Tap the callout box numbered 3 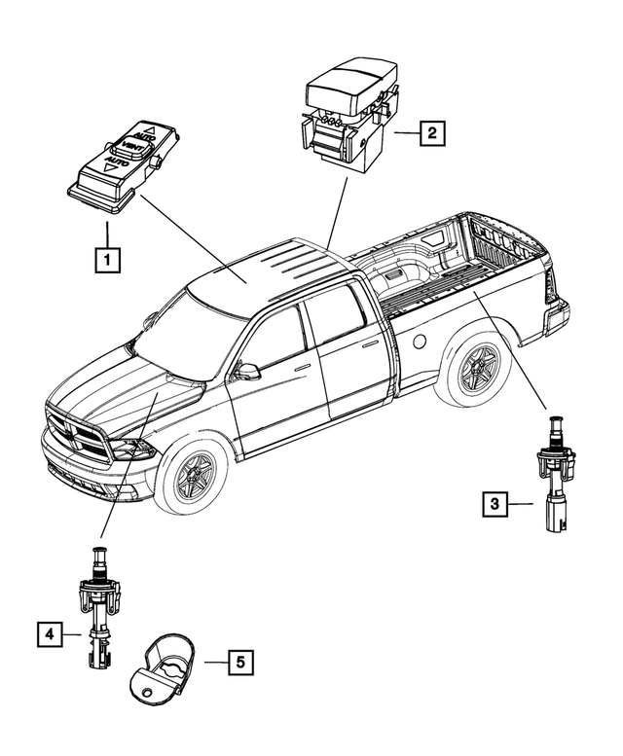click(495, 503)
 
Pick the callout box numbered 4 click(47, 634)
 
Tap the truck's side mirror click(247, 371)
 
